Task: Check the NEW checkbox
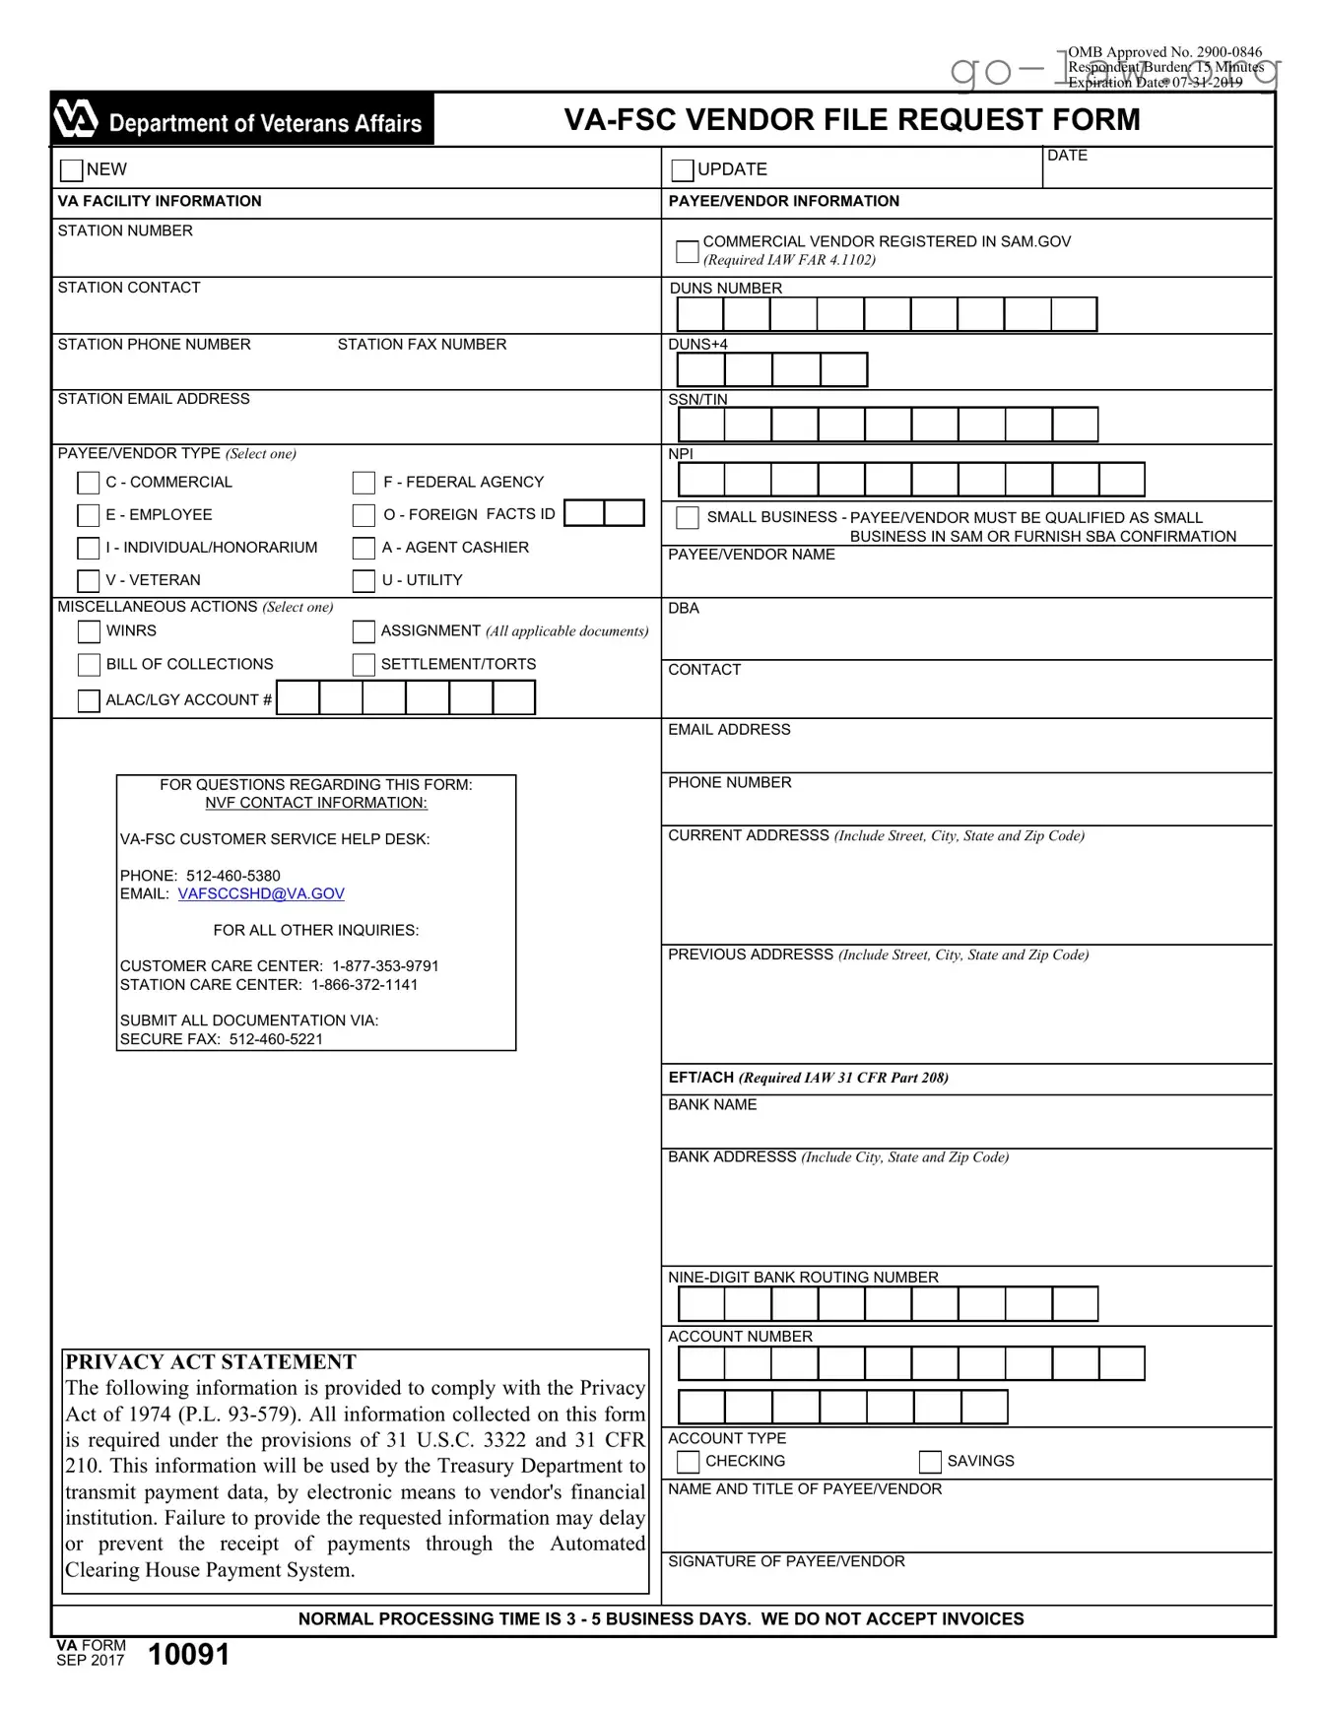[71, 170]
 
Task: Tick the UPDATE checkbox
[682, 170]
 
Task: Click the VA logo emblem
[76, 119]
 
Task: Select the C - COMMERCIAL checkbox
[89, 483]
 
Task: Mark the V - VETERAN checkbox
[89, 581]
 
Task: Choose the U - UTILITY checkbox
[364, 581]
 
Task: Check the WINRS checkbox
[89, 631]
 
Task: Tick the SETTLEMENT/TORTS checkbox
[364, 665]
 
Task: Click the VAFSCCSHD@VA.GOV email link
[261, 894]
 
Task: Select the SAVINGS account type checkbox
[930, 1462]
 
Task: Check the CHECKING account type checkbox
[689, 1462]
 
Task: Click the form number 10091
[188, 1655]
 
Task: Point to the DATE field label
[1067, 156]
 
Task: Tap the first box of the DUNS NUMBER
[700, 314]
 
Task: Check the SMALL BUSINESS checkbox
[688, 518]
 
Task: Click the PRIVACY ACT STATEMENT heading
[211, 1362]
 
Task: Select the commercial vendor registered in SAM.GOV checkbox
[687, 251]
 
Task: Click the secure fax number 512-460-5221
[276, 1039]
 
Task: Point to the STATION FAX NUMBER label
[422, 345]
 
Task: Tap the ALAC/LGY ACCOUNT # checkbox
[89, 700]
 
